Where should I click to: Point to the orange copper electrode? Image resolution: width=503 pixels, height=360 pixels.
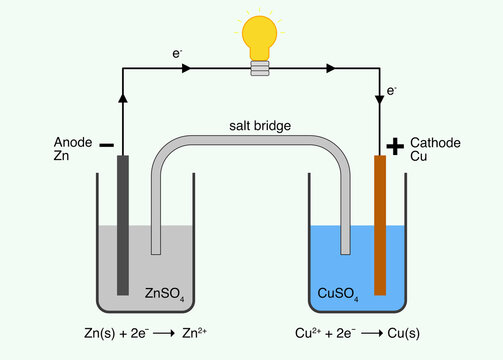(x=380, y=225)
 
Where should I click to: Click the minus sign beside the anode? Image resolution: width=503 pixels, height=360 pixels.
(x=107, y=146)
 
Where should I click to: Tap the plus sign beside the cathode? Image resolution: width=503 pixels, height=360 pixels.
(x=395, y=147)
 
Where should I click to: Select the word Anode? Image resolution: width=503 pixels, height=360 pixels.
(x=73, y=143)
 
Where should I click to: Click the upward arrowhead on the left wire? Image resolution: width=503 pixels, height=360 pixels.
(x=122, y=97)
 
